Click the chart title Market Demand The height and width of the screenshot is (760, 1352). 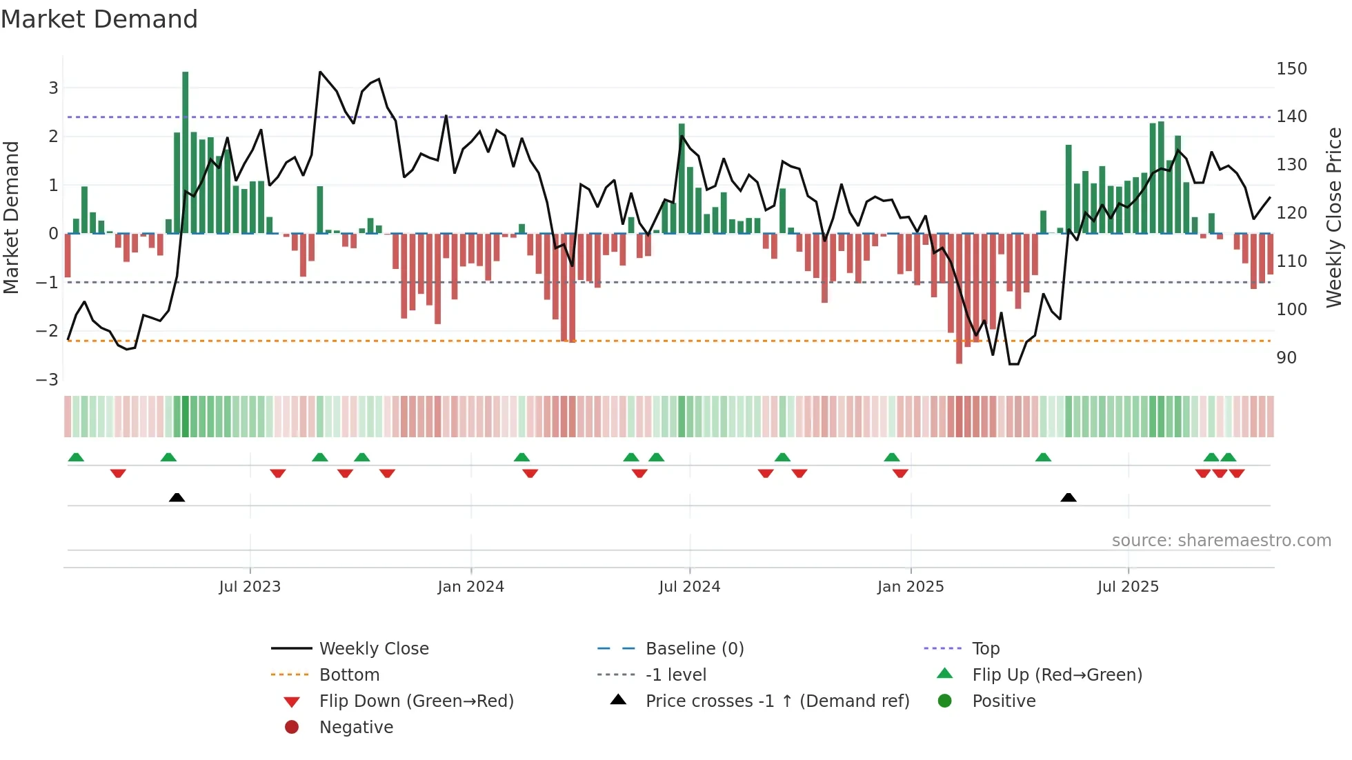pos(99,19)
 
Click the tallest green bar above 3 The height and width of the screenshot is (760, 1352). pos(186,138)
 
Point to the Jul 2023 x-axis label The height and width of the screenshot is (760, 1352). pos(250,587)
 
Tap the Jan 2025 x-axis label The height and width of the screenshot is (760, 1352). pos(911,587)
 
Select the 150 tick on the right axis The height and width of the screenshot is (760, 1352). pos(1291,69)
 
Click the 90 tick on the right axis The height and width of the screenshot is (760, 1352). pos(1286,358)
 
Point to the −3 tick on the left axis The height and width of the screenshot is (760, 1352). pos(47,380)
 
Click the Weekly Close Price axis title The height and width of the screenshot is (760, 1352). pos(1334,217)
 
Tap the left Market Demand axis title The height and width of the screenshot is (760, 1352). pos(12,217)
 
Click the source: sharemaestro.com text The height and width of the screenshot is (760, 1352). pos(1221,541)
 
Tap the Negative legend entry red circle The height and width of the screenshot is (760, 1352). pos(292,728)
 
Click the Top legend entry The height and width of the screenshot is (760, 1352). pos(986,649)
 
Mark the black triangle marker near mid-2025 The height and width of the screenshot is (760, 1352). pos(1068,498)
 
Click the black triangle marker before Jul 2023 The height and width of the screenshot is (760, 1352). pos(177,498)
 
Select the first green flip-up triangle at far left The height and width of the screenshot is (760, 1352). pos(76,457)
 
